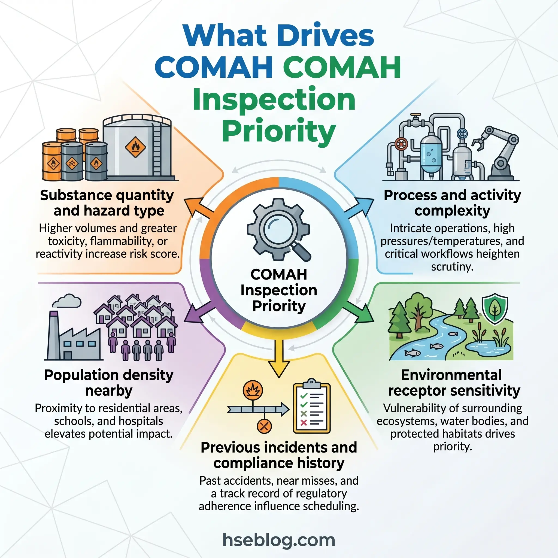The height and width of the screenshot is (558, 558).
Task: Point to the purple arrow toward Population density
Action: coord(198,313)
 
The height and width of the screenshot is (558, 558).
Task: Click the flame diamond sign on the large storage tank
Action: coord(135,147)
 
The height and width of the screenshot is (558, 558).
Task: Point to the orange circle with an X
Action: coord(264,426)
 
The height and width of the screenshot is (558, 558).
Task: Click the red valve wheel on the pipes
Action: coord(401,144)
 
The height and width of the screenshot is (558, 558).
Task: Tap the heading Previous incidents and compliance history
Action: coord(279,455)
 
